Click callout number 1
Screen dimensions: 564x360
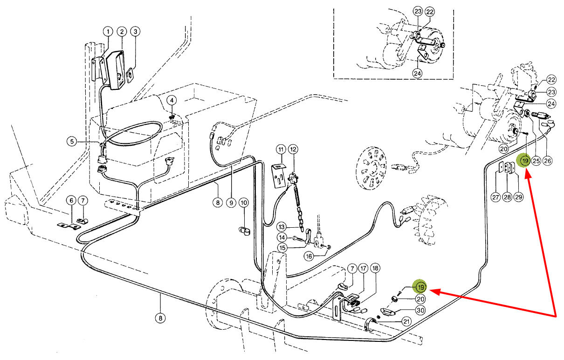(108, 32)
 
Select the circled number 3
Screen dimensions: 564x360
(136, 32)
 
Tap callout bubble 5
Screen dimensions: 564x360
(72, 142)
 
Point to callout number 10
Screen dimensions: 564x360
(243, 203)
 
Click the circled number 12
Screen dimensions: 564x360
(293, 149)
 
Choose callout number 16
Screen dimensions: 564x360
(309, 256)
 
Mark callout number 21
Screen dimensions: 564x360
(406, 321)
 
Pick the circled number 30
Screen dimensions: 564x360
(420, 310)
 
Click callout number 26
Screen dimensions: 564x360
(547, 161)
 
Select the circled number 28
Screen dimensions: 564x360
(507, 197)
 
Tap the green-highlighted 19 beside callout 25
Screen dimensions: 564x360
(525, 161)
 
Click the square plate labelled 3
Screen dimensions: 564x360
(130, 75)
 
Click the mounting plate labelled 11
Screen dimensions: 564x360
(279, 176)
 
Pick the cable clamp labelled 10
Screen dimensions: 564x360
(244, 231)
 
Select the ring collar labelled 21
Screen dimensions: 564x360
(370, 325)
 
